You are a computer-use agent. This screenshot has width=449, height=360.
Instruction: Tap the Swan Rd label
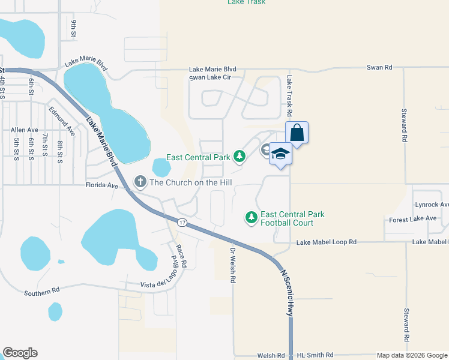point(380,68)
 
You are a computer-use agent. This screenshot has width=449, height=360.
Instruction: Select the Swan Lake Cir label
point(208,77)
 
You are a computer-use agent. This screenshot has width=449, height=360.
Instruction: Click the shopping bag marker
point(297,133)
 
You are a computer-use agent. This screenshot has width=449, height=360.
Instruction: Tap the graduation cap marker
point(280,154)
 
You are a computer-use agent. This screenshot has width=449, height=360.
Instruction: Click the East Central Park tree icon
point(240,157)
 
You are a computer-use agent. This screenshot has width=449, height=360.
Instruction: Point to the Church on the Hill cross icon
point(140,182)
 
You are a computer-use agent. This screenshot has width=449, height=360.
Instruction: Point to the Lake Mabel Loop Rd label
point(327,242)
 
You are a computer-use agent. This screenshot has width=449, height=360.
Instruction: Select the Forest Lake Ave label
point(413,218)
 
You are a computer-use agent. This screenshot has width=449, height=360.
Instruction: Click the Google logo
point(20,353)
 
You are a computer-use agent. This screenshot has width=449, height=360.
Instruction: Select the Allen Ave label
point(24,130)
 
